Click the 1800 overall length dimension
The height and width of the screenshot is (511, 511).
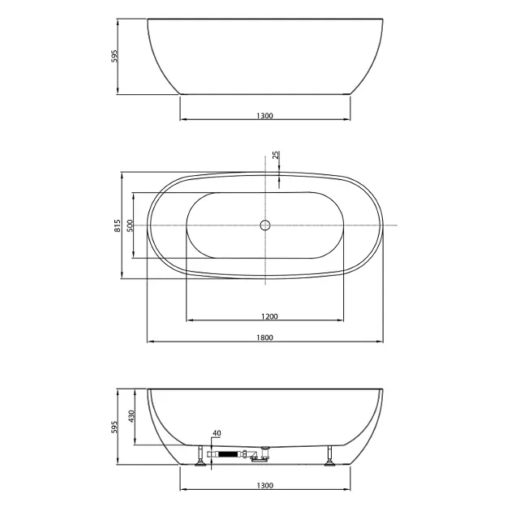[264, 337]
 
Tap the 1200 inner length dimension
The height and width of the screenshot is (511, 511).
[269, 316]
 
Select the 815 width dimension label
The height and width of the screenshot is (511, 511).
[118, 225]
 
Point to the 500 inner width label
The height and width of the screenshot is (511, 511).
[130, 225]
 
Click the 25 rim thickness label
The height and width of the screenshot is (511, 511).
[276, 155]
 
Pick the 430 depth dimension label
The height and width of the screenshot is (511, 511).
[131, 416]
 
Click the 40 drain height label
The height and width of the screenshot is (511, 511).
[217, 433]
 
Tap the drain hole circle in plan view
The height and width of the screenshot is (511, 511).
[265, 225]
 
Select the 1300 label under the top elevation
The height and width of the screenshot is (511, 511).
[264, 116]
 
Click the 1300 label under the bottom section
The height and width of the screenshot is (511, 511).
[264, 486]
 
